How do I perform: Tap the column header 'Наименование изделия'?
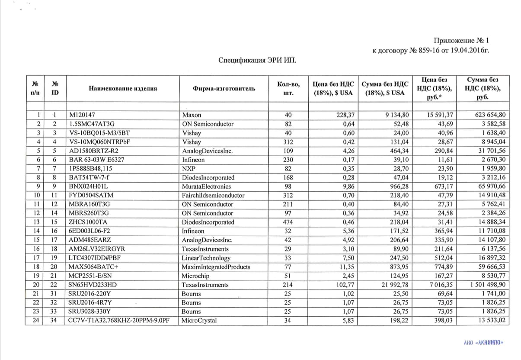coord(123,89)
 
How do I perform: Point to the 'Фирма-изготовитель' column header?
coord(224,89)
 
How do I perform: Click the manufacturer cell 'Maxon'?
coord(192,115)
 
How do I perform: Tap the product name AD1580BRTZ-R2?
coord(94,151)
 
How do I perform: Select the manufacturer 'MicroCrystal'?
coord(199,321)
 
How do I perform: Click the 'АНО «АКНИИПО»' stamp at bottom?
coord(483,343)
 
